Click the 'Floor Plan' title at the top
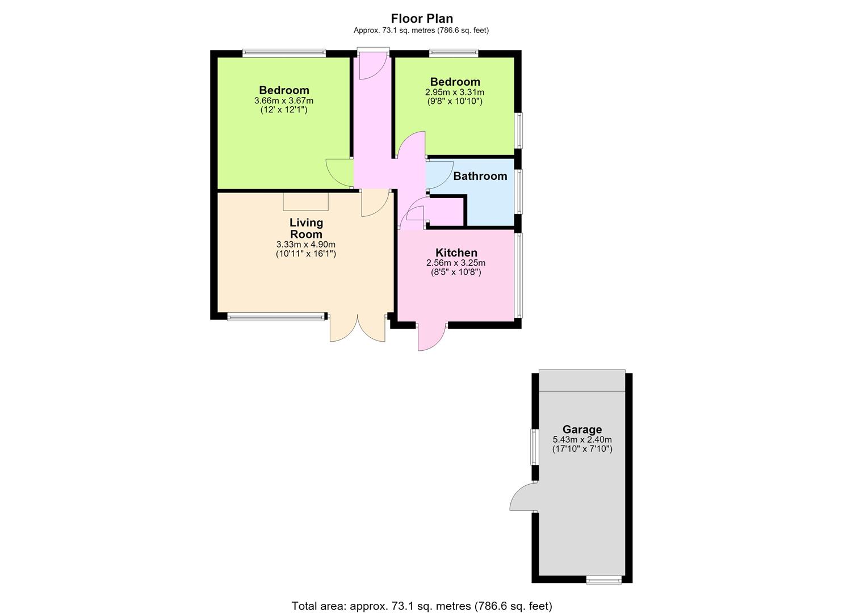[x=421, y=18]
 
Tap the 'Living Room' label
[x=306, y=228]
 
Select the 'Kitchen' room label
[x=456, y=252]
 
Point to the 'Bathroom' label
[x=480, y=176]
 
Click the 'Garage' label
[x=582, y=429]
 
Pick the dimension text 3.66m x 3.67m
[x=284, y=100]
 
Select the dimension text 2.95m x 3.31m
[x=455, y=92]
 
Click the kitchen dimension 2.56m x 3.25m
[x=456, y=263]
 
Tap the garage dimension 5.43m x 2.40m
[x=582, y=439]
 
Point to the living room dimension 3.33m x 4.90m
[x=305, y=244]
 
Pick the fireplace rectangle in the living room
[x=305, y=201]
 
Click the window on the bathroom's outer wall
[x=519, y=192]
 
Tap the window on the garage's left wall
[x=534, y=447]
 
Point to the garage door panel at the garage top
[x=582, y=380]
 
